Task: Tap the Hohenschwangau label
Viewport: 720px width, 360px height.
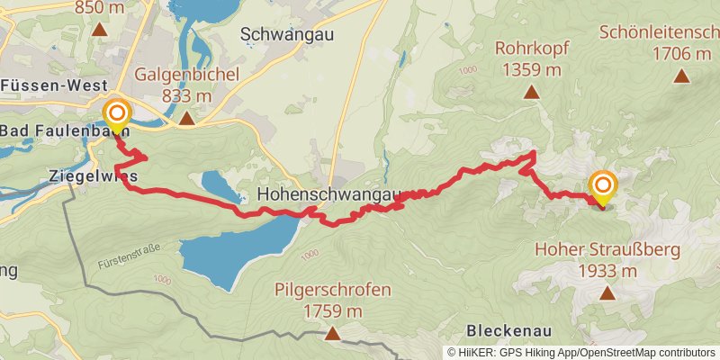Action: [328, 194]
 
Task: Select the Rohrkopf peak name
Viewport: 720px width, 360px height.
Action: [532, 48]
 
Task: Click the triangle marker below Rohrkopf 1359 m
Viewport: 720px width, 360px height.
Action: [532, 92]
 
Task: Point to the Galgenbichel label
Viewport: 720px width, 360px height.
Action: [187, 75]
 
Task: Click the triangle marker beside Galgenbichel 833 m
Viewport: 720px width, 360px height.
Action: [185, 118]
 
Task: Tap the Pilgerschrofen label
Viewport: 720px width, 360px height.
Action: [333, 290]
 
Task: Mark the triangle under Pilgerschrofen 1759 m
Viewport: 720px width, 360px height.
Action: [333, 335]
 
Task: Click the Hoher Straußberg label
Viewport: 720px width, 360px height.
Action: [607, 249]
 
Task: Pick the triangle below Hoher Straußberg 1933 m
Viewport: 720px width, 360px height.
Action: [607, 292]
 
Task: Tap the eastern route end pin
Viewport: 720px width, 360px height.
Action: [602, 188]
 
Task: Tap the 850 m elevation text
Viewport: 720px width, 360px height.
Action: [100, 7]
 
